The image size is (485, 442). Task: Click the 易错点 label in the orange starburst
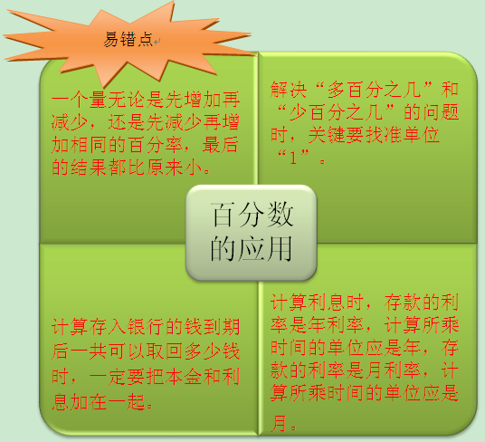coord(128,39)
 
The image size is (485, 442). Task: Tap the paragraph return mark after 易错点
coord(157,42)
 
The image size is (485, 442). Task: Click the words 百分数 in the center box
coord(252,214)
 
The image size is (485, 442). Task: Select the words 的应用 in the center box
coord(252,248)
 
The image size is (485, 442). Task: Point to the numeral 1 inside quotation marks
coord(293,158)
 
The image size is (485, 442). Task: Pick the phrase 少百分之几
coord(337,112)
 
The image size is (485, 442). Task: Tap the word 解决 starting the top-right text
coord(289,90)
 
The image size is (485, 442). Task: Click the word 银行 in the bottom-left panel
coord(146,327)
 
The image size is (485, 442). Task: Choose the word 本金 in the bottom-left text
coord(183,377)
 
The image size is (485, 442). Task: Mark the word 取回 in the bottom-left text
coord(165,351)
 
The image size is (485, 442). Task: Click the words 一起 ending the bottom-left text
coord(126,402)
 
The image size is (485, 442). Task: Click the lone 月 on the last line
coord(279,423)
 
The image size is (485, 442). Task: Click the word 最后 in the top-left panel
coord(221,145)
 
